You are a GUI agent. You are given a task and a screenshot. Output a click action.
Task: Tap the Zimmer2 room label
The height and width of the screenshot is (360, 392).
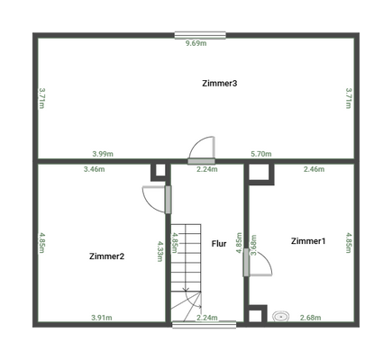coord(106,256)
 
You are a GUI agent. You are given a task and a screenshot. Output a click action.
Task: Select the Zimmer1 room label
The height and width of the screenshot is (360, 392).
coord(308,241)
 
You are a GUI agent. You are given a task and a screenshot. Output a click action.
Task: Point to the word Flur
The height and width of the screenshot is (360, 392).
coord(219,244)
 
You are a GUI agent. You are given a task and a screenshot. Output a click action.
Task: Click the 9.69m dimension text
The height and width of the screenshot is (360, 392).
coord(196,42)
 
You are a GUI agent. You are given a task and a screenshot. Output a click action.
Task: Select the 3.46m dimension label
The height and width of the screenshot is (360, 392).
coord(94,169)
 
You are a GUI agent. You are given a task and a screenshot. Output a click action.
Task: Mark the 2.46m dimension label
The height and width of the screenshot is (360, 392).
coord(314,169)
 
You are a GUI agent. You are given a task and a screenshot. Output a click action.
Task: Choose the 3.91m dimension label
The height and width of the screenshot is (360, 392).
coord(102,318)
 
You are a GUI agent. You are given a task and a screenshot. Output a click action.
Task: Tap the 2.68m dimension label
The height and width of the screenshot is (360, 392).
coord(311,318)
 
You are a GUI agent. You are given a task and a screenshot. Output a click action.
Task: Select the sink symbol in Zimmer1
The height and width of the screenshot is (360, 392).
coord(280,316)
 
